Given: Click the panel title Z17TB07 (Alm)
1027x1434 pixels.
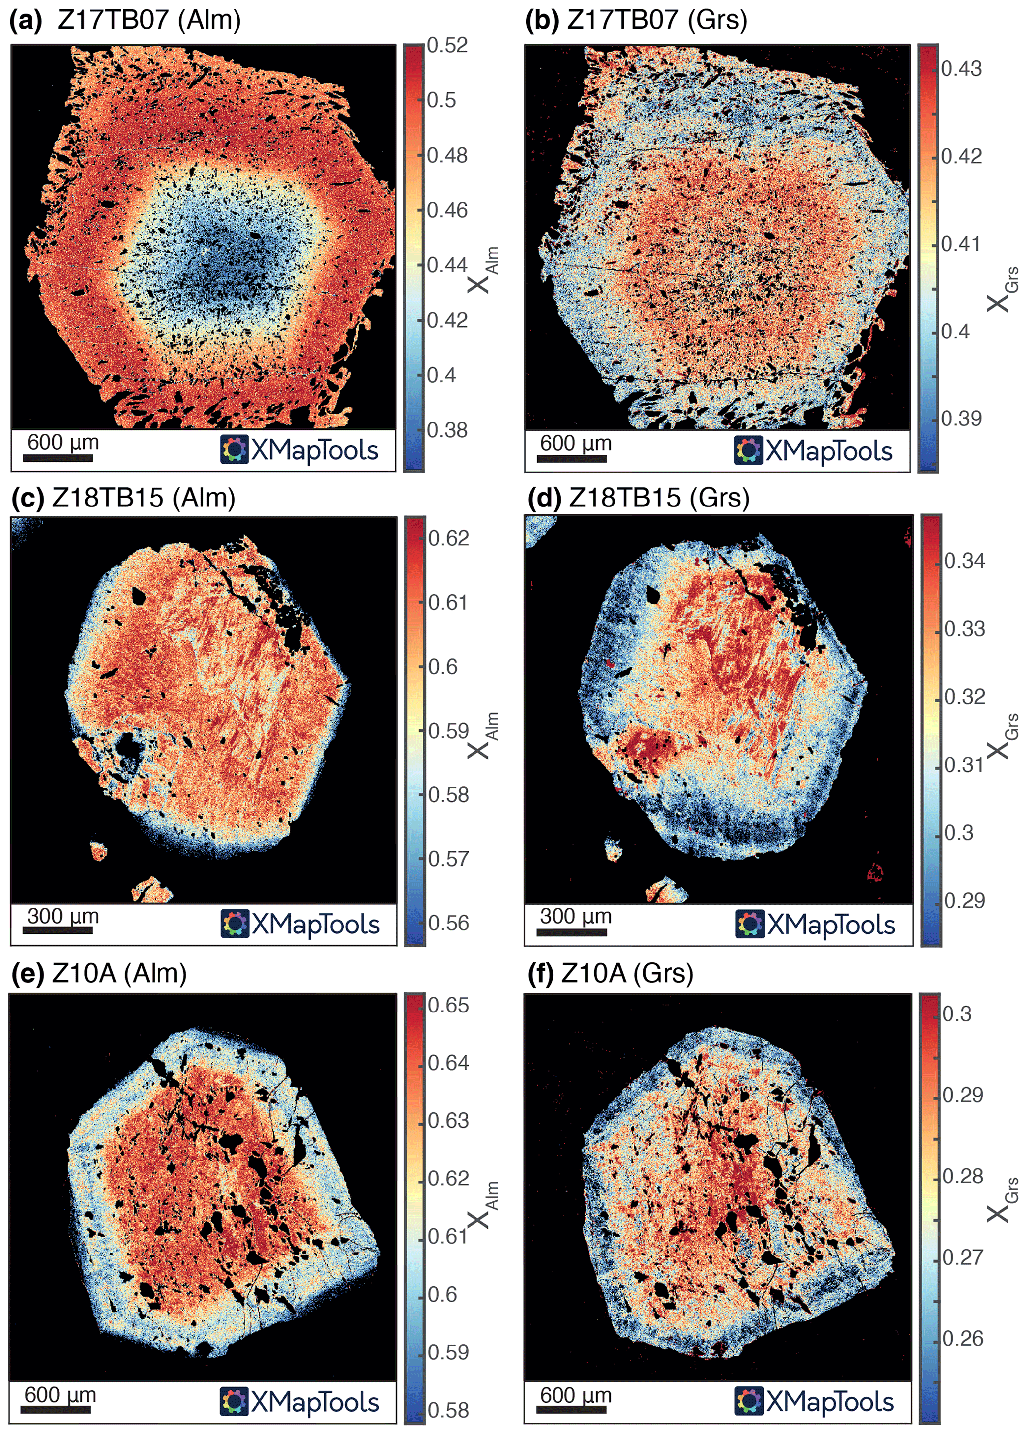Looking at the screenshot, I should pyautogui.click(x=149, y=20).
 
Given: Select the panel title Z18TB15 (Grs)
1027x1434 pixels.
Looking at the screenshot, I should pyautogui.click(x=659, y=498).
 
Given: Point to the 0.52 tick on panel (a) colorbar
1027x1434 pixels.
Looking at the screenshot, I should pyautogui.click(x=447, y=46).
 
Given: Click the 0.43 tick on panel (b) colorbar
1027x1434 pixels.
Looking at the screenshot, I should pyautogui.click(x=960, y=68).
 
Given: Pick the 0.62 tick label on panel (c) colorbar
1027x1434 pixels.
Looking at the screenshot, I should pyautogui.click(x=448, y=538).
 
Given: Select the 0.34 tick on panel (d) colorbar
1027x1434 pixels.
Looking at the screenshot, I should pyautogui.click(x=964, y=560).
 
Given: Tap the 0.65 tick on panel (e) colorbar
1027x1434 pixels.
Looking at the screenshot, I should pyautogui.click(x=448, y=1006).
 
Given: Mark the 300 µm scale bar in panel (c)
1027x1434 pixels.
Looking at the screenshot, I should pyautogui.click(x=58, y=930).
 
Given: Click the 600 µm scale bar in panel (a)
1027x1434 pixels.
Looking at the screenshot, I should pyautogui.click(x=58, y=458).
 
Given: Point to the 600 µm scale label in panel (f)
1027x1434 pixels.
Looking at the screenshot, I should pyautogui.click(x=575, y=1394).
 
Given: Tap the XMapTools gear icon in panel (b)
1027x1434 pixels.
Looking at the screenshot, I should pyautogui.click(x=748, y=451).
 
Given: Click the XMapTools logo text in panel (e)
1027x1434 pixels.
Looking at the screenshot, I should pyautogui.click(x=315, y=1402).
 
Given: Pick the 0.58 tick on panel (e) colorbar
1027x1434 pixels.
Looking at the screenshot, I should pyautogui.click(x=448, y=1411).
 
